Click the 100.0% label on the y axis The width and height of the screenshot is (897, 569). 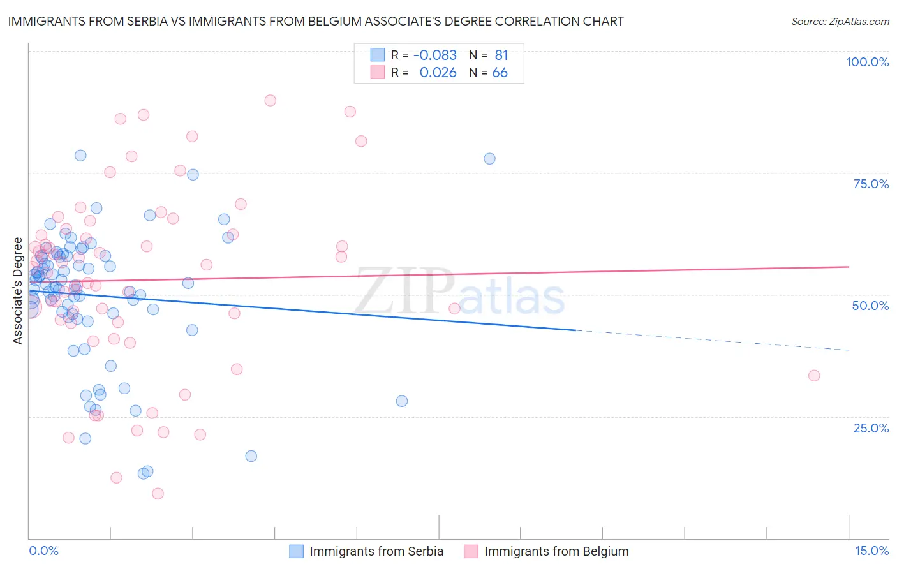(x=867, y=62)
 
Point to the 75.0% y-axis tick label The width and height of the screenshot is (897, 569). (x=871, y=184)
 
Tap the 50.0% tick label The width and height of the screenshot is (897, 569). (x=870, y=306)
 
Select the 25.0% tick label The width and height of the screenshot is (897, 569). (x=871, y=427)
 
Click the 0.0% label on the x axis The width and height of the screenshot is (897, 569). (x=43, y=551)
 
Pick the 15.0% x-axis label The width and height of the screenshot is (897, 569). (x=871, y=551)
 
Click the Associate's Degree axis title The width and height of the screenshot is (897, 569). (x=18, y=291)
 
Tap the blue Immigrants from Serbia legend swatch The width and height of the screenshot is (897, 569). (x=297, y=551)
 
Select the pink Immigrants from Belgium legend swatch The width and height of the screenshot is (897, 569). (x=471, y=551)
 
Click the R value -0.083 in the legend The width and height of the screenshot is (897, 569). (x=434, y=55)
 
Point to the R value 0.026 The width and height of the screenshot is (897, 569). (x=438, y=73)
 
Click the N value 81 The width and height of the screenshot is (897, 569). (x=501, y=55)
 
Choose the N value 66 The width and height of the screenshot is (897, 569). (x=500, y=73)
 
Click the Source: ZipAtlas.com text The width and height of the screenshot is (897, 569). (x=840, y=22)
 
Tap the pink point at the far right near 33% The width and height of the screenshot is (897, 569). (x=814, y=376)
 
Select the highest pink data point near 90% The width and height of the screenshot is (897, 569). (x=271, y=100)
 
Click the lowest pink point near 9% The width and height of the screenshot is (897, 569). (x=158, y=494)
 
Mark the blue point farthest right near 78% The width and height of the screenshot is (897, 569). (x=489, y=159)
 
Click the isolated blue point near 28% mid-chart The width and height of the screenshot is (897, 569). (x=402, y=401)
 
